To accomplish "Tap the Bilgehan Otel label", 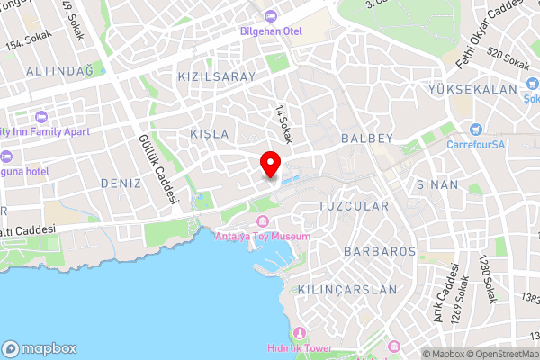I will [x=270, y=31].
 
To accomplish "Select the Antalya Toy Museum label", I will [x=263, y=237].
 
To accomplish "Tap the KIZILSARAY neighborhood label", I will [x=217, y=76].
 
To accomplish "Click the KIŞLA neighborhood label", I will [x=209, y=133].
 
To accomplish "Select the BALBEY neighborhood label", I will [x=367, y=139].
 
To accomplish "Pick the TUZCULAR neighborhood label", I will [x=354, y=206].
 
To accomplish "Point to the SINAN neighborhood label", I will [x=437, y=184].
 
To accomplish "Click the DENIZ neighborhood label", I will [x=121, y=183].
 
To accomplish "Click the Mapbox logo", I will [x=40, y=348].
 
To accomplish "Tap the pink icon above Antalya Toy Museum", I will [x=263, y=221].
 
